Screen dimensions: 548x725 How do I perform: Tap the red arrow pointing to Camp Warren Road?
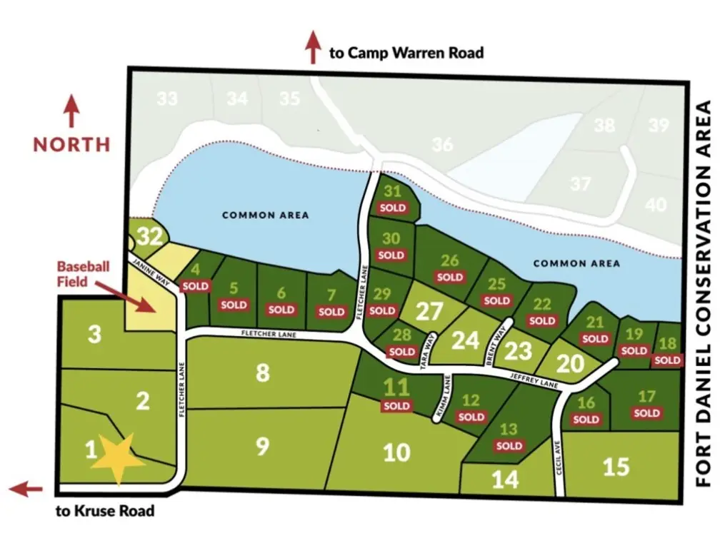click(x=312, y=48)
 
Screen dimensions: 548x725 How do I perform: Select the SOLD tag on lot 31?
click(x=392, y=208)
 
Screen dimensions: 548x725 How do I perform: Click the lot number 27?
click(x=430, y=312)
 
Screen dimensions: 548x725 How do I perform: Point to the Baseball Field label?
click(x=84, y=274)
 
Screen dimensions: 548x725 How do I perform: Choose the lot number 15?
click(x=616, y=466)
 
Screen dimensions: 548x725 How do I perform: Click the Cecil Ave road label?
click(x=559, y=457)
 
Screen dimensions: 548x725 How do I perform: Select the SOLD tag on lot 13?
click(x=509, y=446)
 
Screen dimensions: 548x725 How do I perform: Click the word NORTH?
click(x=71, y=144)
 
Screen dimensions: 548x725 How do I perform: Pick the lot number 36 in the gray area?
click(x=442, y=145)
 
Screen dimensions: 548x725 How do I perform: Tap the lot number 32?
click(x=149, y=236)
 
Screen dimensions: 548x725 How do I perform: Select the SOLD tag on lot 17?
click(x=646, y=413)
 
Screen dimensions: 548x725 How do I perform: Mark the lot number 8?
click(x=263, y=372)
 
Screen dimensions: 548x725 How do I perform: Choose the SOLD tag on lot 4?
click(x=196, y=286)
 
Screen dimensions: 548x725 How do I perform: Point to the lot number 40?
click(x=656, y=205)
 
